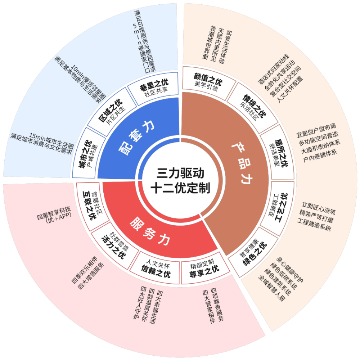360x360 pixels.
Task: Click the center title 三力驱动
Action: point(180,173)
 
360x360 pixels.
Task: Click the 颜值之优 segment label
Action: point(208,79)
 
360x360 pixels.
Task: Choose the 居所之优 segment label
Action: point(281,153)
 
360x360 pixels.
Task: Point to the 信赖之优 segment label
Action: point(156,271)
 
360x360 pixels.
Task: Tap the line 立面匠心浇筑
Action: point(318,208)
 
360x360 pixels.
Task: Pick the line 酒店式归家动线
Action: point(274,70)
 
